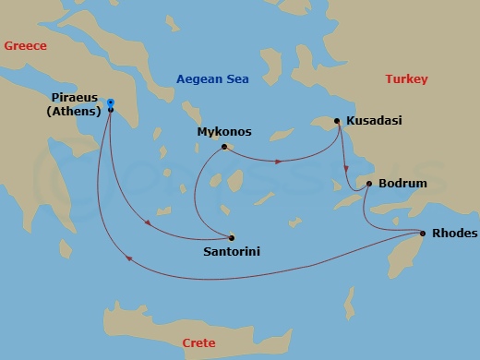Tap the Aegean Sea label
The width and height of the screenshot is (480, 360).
(213, 79)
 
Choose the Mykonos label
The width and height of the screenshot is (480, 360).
(224, 132)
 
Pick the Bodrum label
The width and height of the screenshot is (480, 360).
(403, 184)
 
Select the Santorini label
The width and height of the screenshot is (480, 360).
(232, 250)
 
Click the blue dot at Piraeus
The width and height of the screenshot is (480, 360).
(111, 102)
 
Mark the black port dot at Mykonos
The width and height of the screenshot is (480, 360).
(224, 146)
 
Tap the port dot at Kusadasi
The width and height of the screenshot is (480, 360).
(338, 120)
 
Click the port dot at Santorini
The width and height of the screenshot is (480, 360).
(232, 237)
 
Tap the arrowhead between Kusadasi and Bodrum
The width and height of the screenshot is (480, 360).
(345, 169)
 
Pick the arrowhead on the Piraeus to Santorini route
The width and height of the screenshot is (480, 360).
(146, 220)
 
